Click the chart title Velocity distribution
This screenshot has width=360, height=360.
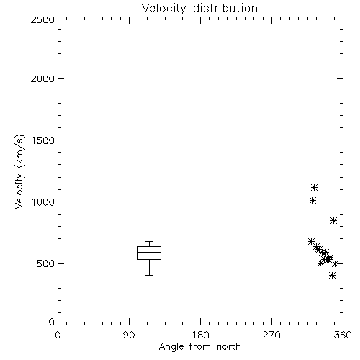click(199, 8)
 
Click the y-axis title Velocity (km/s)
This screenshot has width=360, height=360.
click(19, 171)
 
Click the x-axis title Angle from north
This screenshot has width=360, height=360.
click(199, 346)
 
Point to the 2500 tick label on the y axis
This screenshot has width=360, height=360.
click(42, 19)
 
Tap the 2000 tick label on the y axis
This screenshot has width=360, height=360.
click(42, 78)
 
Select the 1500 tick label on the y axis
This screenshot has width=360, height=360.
click(43, 140)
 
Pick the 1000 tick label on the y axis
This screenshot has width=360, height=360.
click(43, 202)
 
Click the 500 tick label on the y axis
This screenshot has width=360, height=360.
click(46, 264)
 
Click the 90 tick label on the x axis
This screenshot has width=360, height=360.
click(129, 335)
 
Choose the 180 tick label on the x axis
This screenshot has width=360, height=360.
click(200, 335)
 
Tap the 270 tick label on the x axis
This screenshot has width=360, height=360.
click(271, 335)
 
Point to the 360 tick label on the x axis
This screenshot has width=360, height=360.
click(343, 335)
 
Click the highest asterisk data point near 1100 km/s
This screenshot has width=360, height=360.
click(315, 188)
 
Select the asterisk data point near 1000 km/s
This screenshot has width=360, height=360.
click(312, 200)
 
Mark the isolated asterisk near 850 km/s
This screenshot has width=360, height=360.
click(333, 221)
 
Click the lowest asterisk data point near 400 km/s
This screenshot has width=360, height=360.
click(332, 275)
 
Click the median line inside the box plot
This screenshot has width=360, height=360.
click(149, 252)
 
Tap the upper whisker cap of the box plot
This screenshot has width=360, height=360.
click(149, 241)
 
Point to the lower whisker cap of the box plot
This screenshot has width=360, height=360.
click(149, 275)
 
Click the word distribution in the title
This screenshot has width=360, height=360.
click(225, 8)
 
